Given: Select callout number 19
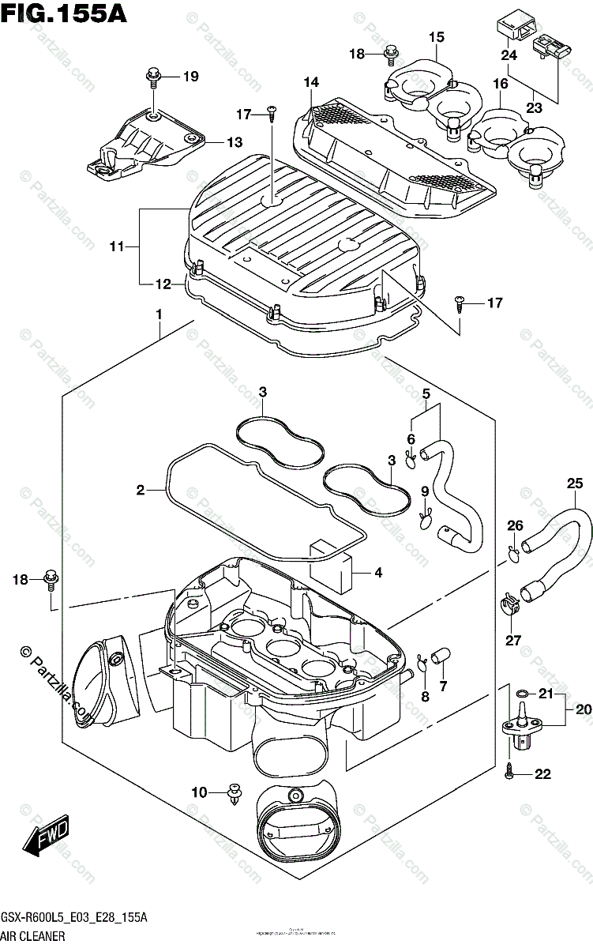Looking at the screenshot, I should point(190,77).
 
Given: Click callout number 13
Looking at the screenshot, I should point(235,142).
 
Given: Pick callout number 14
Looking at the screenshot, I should point(310,82).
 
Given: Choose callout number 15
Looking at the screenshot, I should point(437,37).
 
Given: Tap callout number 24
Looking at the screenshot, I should point(509,55).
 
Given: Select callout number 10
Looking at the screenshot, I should point(201,791).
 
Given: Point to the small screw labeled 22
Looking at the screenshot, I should point(510,774).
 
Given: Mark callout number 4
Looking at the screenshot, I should point(378,572).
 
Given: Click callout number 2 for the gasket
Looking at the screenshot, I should point(141,491).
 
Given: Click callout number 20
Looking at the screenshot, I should point(583,709).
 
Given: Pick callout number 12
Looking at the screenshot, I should point(162,283).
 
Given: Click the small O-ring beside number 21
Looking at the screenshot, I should point(522,695).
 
